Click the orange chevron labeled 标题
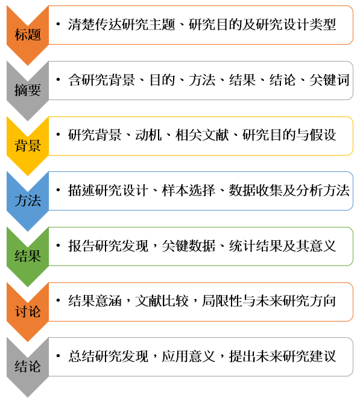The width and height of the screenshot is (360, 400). (x=28, y=35)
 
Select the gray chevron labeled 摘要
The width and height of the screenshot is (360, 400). (x=28, y=90)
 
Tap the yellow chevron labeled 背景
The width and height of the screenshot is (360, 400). (x=28, y=146)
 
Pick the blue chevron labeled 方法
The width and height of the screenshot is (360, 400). (x=28, y=202)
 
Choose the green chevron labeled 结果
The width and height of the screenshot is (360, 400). (x=28, y=256)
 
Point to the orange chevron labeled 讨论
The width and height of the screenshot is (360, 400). (x=28, y=312)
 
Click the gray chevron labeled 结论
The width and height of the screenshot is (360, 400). (x=28, y=367)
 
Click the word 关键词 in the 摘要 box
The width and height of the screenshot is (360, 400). (x=329, y=80)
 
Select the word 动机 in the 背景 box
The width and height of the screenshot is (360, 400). (x=148, y=135)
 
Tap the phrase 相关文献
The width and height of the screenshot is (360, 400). (x=202, y=135)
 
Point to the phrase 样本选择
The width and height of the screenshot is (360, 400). (x=189, y=191)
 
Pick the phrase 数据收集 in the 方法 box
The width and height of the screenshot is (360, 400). (x=256, y=191)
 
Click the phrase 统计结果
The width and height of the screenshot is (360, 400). (x=256, y=246)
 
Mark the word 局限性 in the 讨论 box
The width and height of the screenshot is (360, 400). (x=222, y=301)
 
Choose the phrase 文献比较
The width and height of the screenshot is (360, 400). (x=162, y=301)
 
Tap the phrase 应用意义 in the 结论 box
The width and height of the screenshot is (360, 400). (x=189, y=357)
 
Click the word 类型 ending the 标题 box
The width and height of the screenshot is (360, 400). (x=323, y=25)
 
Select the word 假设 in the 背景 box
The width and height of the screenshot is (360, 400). (x=323, y=135)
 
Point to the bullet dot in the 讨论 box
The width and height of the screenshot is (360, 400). (x=58, y=300)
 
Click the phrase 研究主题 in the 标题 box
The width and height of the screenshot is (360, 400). (x=148, y=25)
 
